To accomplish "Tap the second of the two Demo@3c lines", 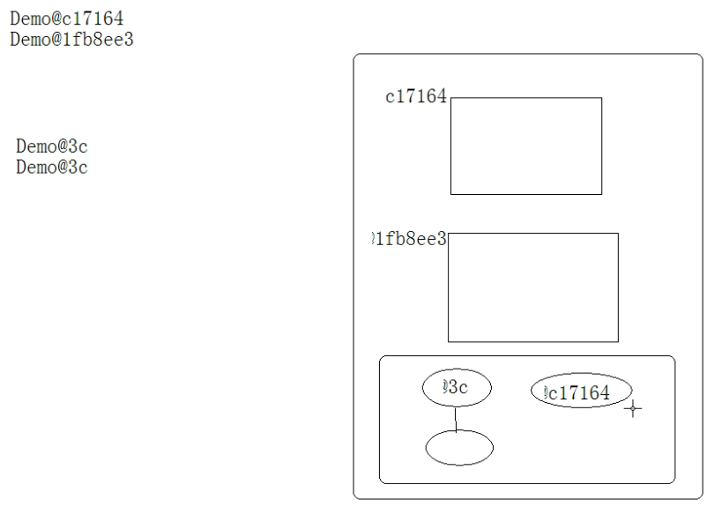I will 52,167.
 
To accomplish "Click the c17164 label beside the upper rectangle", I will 416,97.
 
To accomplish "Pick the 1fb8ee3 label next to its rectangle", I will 411,238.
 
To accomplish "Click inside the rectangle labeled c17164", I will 526,145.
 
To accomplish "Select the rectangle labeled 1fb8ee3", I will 532,287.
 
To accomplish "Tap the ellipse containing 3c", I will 457,388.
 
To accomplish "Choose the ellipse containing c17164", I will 582,391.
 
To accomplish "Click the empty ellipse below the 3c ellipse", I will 459,447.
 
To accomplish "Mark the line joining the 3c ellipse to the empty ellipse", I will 456,419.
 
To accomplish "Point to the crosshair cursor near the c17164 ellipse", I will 632,407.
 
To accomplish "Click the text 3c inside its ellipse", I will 458,388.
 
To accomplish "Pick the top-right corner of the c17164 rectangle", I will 601,98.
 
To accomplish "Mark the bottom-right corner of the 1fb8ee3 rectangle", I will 618,341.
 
